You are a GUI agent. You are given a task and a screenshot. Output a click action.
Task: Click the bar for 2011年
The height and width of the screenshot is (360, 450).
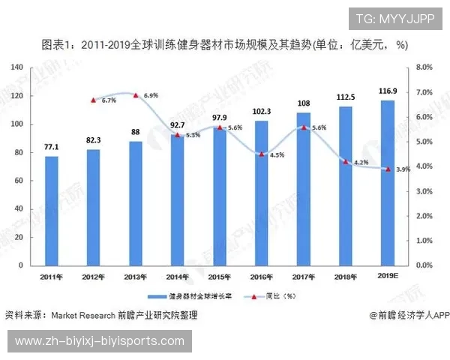click(x=52, y=210)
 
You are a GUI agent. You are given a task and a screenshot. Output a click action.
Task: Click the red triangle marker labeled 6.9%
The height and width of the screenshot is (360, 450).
click(x=135, y=95)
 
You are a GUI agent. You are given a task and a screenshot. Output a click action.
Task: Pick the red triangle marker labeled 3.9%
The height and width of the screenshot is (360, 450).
click(x=388, y=169)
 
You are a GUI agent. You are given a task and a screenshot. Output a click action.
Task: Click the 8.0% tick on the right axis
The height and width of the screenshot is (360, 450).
click(x=424, y=67)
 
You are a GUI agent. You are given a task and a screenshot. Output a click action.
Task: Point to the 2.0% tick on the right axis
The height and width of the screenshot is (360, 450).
click(x=424, y=216)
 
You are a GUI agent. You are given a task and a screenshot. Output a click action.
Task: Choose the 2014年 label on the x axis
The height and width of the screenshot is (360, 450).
click(x=178, y=277)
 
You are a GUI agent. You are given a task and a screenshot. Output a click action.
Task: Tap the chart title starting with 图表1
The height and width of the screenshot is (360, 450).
click(x=224, y=45)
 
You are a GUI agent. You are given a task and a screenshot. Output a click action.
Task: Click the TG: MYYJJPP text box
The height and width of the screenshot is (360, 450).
click(x=394, y=19)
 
